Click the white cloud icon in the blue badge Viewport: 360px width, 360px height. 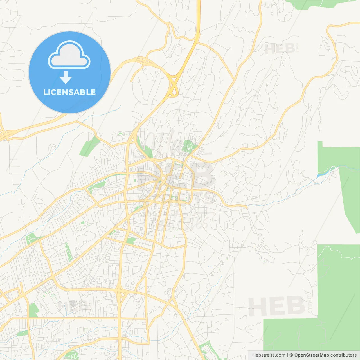(x=69, y=55)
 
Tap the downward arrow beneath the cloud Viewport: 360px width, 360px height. (x=66, y=77)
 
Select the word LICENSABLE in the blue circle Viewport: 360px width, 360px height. (x=69, y=92)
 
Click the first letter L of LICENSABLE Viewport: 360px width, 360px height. (x=45, y=92)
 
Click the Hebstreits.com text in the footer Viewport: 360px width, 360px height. (x=269, y=355)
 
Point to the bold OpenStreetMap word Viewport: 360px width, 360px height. (x=312, y=355)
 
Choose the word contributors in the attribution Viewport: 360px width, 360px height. (x=343, y=355)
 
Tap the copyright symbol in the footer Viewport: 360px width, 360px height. (x=291, y=355)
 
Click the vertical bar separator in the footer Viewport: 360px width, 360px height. (x=287, y=355)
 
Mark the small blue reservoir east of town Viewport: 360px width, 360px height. (x=321, y=175)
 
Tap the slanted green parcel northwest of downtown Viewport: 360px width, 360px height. (x=89, y=146)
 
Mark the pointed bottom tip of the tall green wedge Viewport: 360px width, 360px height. (x=357, y=233)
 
